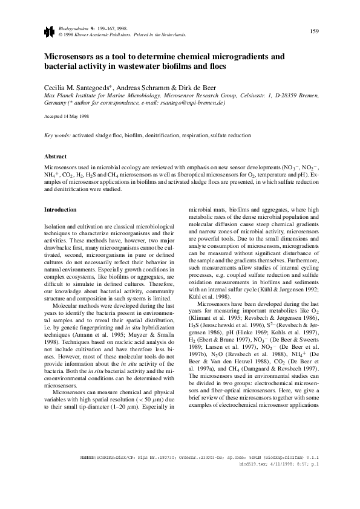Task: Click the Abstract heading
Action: coord(56,155)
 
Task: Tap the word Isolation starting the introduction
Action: coord(57,225)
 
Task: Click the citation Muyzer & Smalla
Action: coord(147,312)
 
